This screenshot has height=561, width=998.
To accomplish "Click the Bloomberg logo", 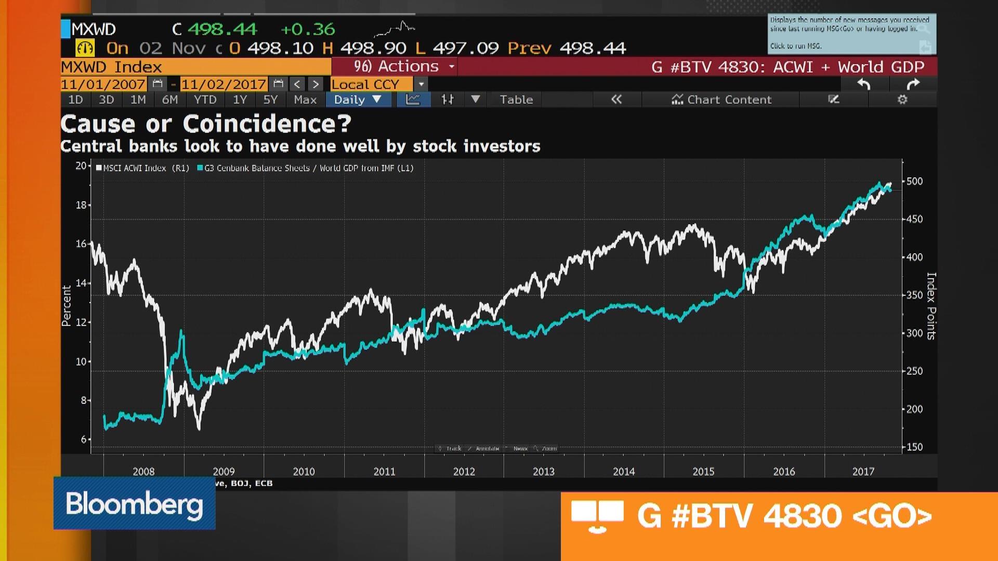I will point(134,503).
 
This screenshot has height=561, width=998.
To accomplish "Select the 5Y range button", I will point(270,100).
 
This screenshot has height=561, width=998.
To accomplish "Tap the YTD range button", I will point(205,100).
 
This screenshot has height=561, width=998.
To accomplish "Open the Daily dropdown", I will point(358,100).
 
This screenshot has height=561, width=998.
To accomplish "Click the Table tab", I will point(516,100).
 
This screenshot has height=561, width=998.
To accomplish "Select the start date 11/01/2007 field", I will point(103,84).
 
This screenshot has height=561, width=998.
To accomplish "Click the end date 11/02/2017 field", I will point(224,84).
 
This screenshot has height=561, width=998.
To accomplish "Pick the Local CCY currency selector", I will point(365,84).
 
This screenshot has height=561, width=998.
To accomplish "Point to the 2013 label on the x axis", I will point(544,471).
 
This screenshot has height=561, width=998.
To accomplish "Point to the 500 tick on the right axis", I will point(914,181).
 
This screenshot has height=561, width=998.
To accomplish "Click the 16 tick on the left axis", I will point(81,244).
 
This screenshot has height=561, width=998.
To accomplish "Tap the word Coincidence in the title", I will point(267,124).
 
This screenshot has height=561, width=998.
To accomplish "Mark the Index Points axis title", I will point(931,306).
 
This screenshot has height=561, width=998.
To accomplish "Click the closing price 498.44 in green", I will point(222,29).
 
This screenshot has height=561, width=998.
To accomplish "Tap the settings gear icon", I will point(902,100).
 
